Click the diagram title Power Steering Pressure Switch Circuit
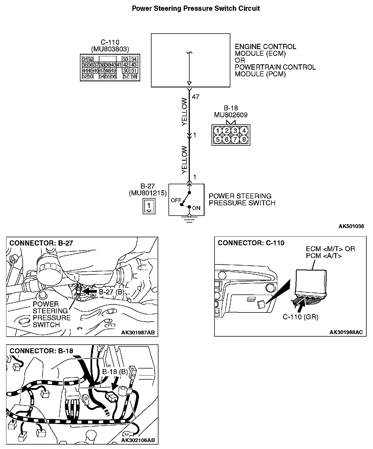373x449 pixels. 196,8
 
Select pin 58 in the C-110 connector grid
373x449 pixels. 134,76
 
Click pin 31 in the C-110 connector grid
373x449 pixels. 85,59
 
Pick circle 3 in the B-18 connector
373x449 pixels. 235,131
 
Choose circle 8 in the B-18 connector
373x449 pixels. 244,139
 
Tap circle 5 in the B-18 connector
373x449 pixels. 218,139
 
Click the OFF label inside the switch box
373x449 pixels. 176,200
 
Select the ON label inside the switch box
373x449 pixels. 196,208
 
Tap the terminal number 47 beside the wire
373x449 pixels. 195,97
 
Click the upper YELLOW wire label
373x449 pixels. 185,112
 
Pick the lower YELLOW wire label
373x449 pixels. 185,160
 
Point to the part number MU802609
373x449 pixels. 231,115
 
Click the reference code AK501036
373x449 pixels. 351,226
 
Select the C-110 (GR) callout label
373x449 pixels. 300,317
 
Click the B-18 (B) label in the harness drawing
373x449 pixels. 115,372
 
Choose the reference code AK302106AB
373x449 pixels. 138,440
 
